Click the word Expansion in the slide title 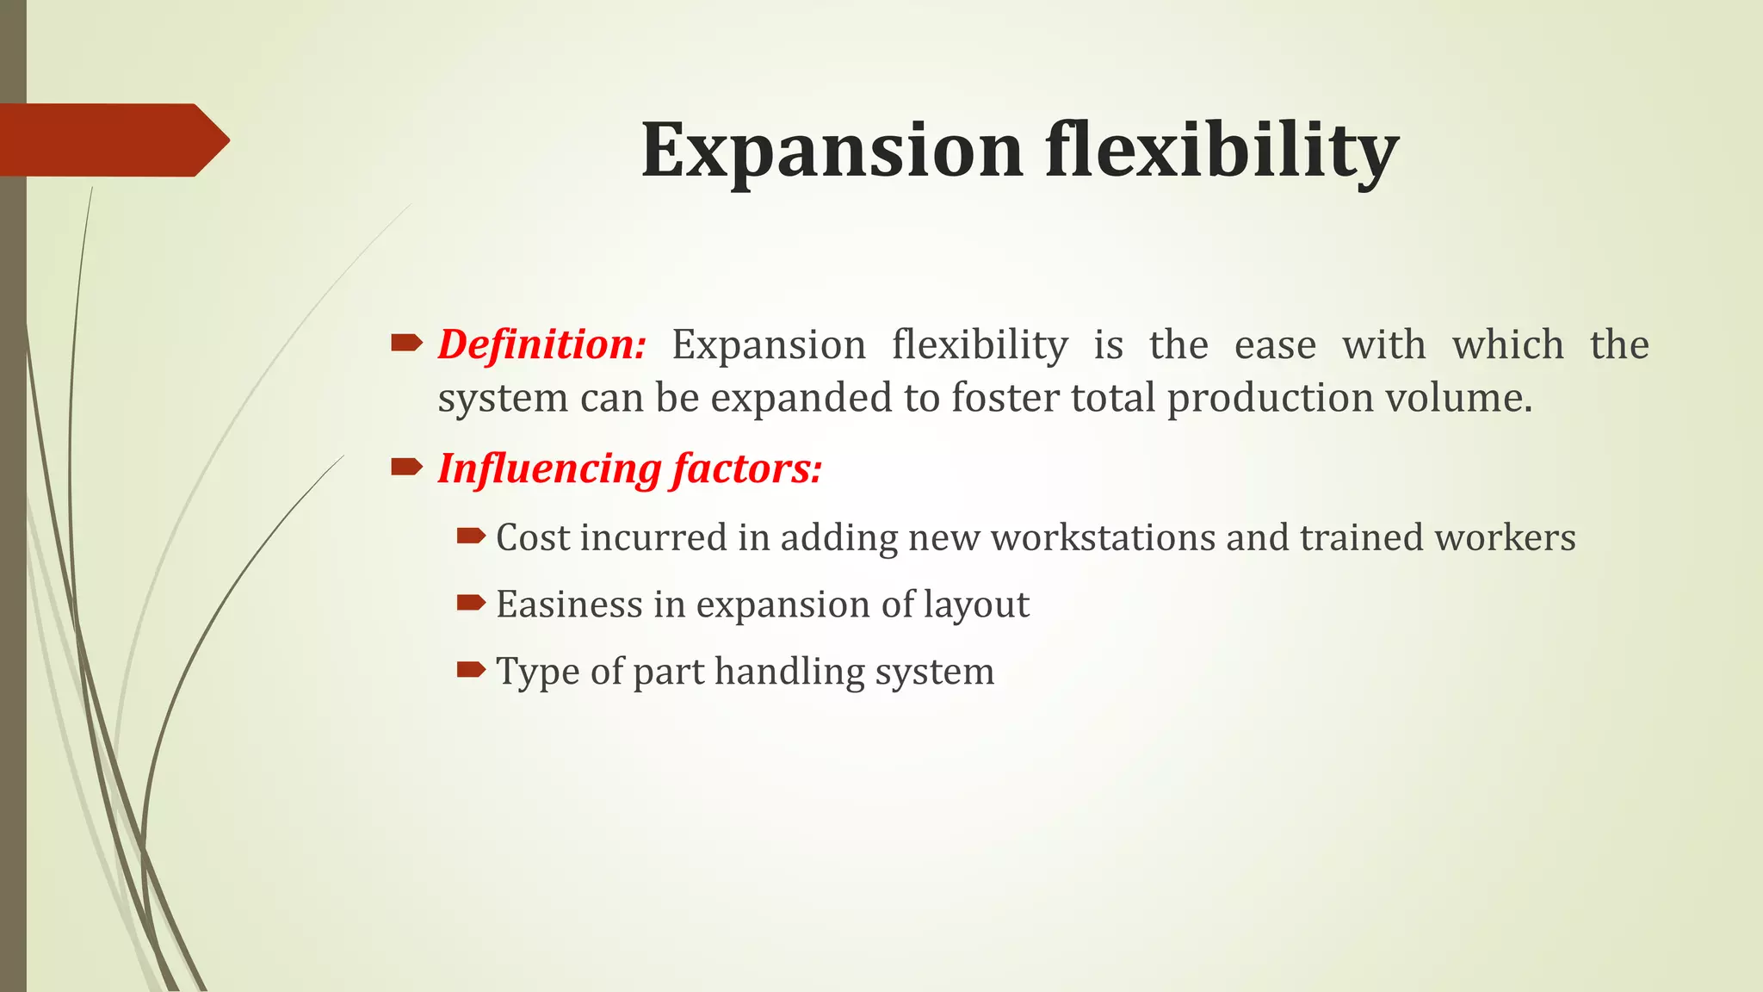coord(832,151)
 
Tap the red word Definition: coord(541,344)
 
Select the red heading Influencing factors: coord(630,468)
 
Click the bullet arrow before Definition coord(406,344)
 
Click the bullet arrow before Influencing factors coord(406,468)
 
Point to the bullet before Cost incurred coord(472,536)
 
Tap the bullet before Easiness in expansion coord(472,603)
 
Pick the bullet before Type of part coord(472,669)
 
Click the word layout coord(976,604)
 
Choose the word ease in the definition coord(1275,344)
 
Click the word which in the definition coord(1507,344)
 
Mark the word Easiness coord(569,604)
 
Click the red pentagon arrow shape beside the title coord(112,139)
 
